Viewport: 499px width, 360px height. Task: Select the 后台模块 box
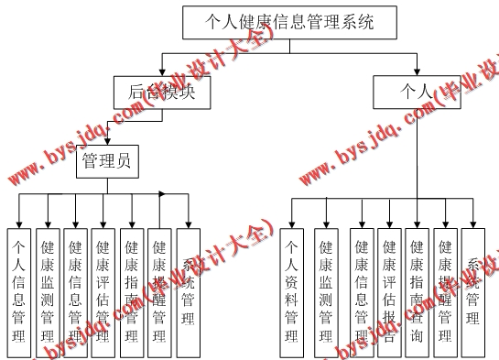pos(161,92)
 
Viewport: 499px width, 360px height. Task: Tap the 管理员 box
pos(107,163)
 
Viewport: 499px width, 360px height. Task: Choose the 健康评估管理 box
pos(103,289)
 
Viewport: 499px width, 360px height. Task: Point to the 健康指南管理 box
pos(131,289)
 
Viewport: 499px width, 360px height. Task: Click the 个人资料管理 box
pos(292,289)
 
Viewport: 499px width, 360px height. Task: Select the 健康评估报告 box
pos(389,289)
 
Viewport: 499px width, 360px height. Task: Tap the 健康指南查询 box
pos(417,289)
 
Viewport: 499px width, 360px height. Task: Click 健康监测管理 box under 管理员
pos(48,289)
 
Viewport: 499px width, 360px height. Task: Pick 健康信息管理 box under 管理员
pos(75,289)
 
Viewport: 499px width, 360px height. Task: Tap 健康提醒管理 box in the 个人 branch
pos(445,289)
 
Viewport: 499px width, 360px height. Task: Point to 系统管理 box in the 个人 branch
pos(473,289)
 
